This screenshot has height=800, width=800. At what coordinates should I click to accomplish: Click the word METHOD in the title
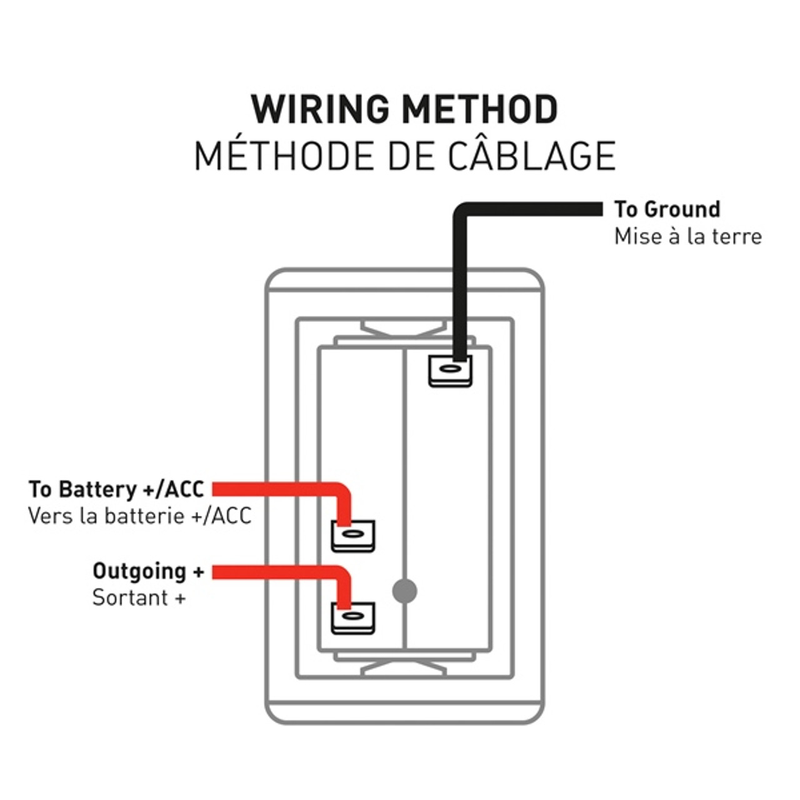pyautogui.click(x=479, y=109)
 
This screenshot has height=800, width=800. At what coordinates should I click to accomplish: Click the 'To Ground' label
pyautogui.click(x=667, y=209)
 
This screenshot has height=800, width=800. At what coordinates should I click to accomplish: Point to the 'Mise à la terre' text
pyautogui.click(x=687, y=236)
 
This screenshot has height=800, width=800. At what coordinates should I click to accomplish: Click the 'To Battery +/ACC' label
pyautogui.click(x=116, y=489)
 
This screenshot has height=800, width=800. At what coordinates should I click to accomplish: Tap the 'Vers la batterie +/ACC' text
pyautogui.click(x=139, y=516)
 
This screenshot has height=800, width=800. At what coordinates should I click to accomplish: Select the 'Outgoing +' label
pyautogui.click(x=148, y=571)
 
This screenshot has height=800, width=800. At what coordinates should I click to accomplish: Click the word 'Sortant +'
pyautogui.click(x=139, y=598)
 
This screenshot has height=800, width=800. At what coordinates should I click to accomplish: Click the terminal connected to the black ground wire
pyautogui.click(x=450, y=371)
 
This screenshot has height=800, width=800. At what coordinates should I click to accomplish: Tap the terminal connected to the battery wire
pyautogui.click(x=352, y=536)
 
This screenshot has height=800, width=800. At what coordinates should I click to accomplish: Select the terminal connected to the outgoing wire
pyautogui.click(x=352, y=617)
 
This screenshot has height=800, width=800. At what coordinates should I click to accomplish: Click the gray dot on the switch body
pyautogui.click(x=404, y=591)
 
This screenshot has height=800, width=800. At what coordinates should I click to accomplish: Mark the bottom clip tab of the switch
pyautogui.click(x=404, y=667)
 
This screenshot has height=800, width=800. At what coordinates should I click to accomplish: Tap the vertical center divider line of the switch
pyautogui.click(x=405, y=475)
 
